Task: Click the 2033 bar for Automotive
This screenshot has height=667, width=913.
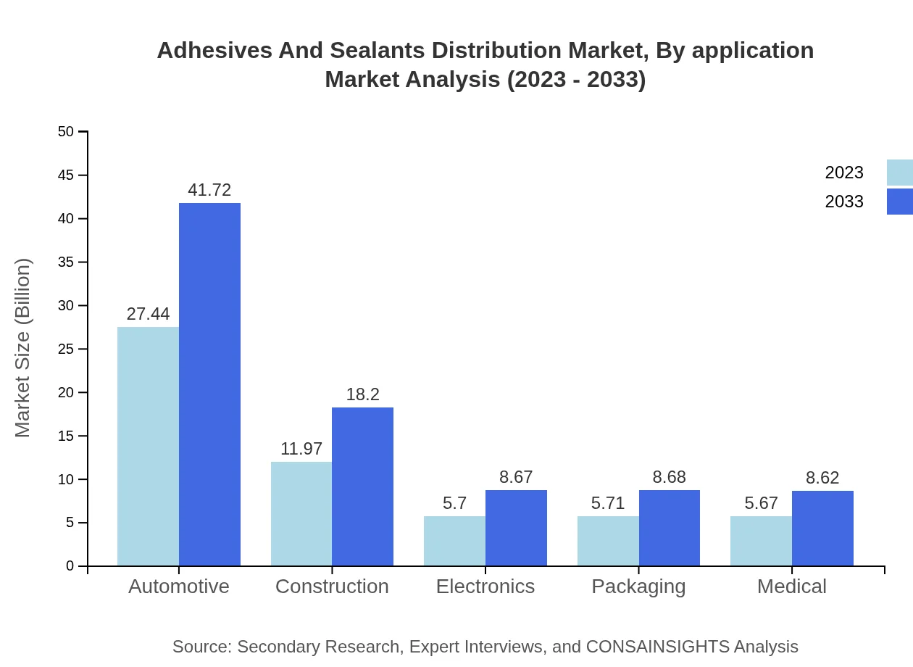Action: point(209,384)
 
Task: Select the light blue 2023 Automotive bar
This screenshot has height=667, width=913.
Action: point(148,446)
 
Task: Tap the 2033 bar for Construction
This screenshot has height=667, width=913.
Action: point(362,486)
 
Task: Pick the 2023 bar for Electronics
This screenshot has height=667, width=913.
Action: point(454,541)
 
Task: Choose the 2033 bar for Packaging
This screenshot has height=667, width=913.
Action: point(669,528)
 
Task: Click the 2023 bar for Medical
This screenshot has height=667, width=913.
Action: point(761,541)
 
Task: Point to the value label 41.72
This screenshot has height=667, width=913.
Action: point(209,190)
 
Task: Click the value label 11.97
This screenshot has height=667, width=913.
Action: point(301,449)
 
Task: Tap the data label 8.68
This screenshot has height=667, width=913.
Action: point(669,477)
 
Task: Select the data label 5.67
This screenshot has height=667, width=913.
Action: point(761,503)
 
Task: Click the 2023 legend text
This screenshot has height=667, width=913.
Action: point(844,173)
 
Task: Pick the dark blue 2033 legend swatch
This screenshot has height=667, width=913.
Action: point(899,202)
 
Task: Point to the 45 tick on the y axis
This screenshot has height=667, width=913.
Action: point(66,175)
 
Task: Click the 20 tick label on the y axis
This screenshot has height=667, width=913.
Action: point(66,392)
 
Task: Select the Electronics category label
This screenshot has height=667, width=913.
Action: point(485,586)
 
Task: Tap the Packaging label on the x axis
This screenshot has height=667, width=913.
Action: point(638,586)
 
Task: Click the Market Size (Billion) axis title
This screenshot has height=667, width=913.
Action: point(23,348)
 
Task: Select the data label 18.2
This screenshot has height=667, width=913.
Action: point(362,394)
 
